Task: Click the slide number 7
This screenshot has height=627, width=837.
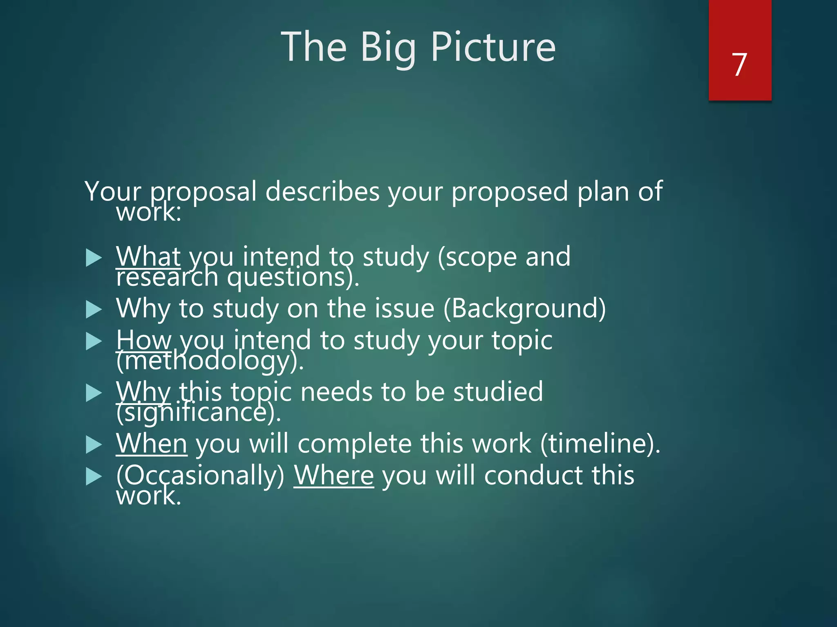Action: pos(739,64)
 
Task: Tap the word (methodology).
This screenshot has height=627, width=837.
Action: pos(210,361)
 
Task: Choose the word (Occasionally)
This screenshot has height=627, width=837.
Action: pos(200,476)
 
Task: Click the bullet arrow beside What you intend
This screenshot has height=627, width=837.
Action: pos(94,258)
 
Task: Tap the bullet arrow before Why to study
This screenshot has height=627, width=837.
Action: pos(94,310)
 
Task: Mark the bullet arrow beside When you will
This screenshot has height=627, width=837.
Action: pos(94,445)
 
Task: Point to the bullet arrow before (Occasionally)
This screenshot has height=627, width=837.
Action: pos(94,476)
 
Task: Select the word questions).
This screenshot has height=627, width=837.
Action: pos(293,277)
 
